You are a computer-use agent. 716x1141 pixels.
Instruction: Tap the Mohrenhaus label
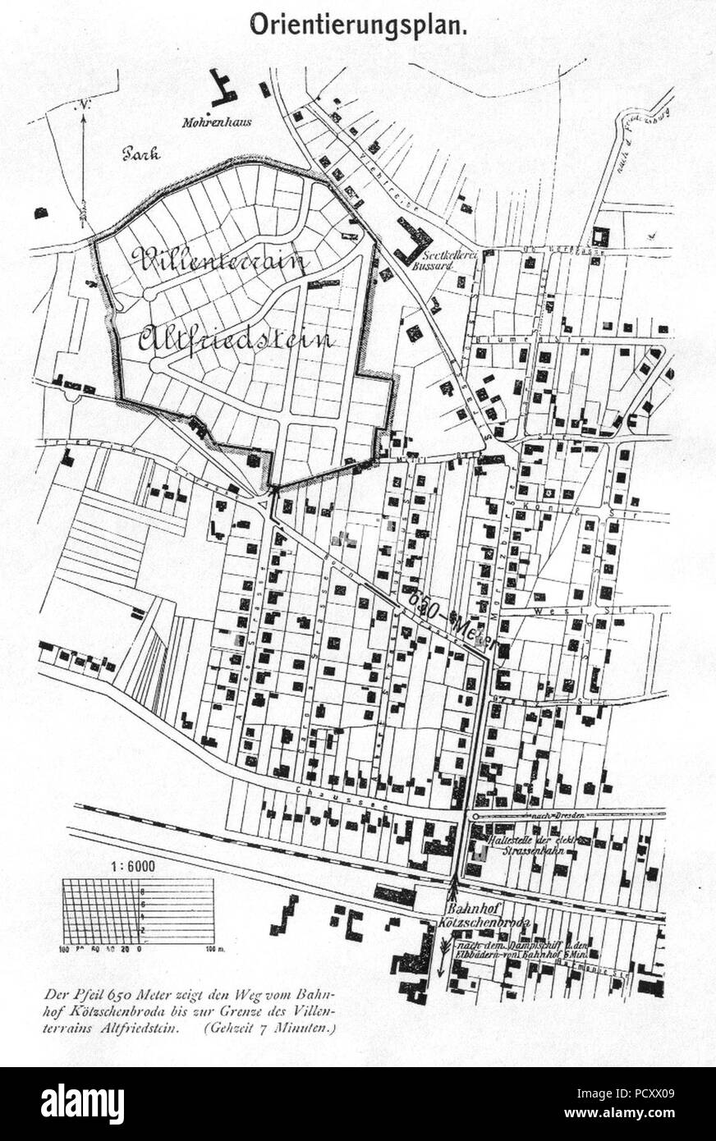coord(217,124)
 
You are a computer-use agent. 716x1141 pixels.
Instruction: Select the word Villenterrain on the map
coord(218,261)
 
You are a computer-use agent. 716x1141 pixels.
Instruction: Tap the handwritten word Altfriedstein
coord(236,338)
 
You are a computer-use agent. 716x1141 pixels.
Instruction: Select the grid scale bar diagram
coord(140,911)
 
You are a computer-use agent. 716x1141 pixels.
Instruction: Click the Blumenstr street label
coord(498,337)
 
